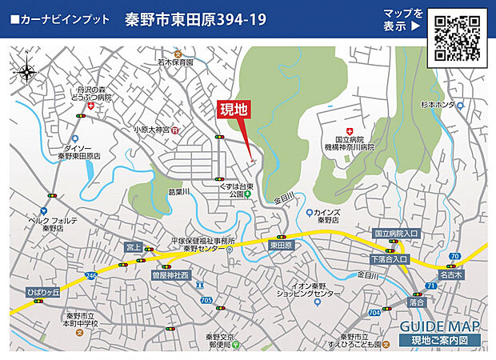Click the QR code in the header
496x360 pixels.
pos(458,37)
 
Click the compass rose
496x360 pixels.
pos(26,71)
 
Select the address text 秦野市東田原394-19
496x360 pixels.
pos(196,18)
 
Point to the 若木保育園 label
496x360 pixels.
pos(175,62)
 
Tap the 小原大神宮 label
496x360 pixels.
pos(151,129)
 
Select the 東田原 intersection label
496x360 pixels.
pos(281,246)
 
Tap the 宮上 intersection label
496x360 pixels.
pos(134,247)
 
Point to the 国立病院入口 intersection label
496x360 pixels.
pos(396,234)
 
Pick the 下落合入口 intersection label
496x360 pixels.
pos(390,260)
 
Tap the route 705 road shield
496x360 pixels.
pos(207,300)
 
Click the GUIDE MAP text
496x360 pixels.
pos(440,326)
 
